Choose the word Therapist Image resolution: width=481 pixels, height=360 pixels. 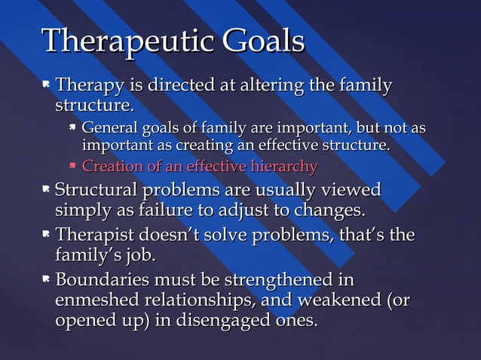pos(93,236)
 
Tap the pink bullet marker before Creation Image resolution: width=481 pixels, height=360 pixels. pos(73,166)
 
